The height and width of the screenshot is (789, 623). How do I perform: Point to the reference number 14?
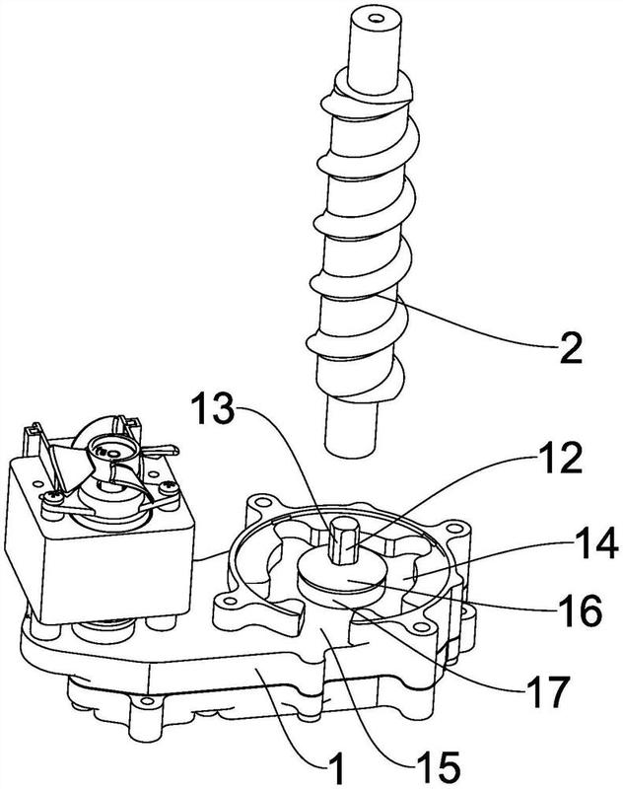594,543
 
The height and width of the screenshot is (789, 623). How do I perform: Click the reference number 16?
579,610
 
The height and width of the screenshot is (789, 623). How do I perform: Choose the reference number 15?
437,768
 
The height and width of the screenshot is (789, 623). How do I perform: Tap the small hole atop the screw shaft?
374,20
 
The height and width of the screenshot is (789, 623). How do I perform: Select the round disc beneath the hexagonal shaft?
342,578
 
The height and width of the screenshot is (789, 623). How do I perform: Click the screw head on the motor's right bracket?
168,487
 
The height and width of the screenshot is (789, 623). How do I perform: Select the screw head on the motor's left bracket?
52,497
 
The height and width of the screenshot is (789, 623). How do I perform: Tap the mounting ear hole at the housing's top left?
259,502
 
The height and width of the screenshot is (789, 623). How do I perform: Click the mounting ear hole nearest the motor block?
224,600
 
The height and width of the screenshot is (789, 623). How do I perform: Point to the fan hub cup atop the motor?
112,451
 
